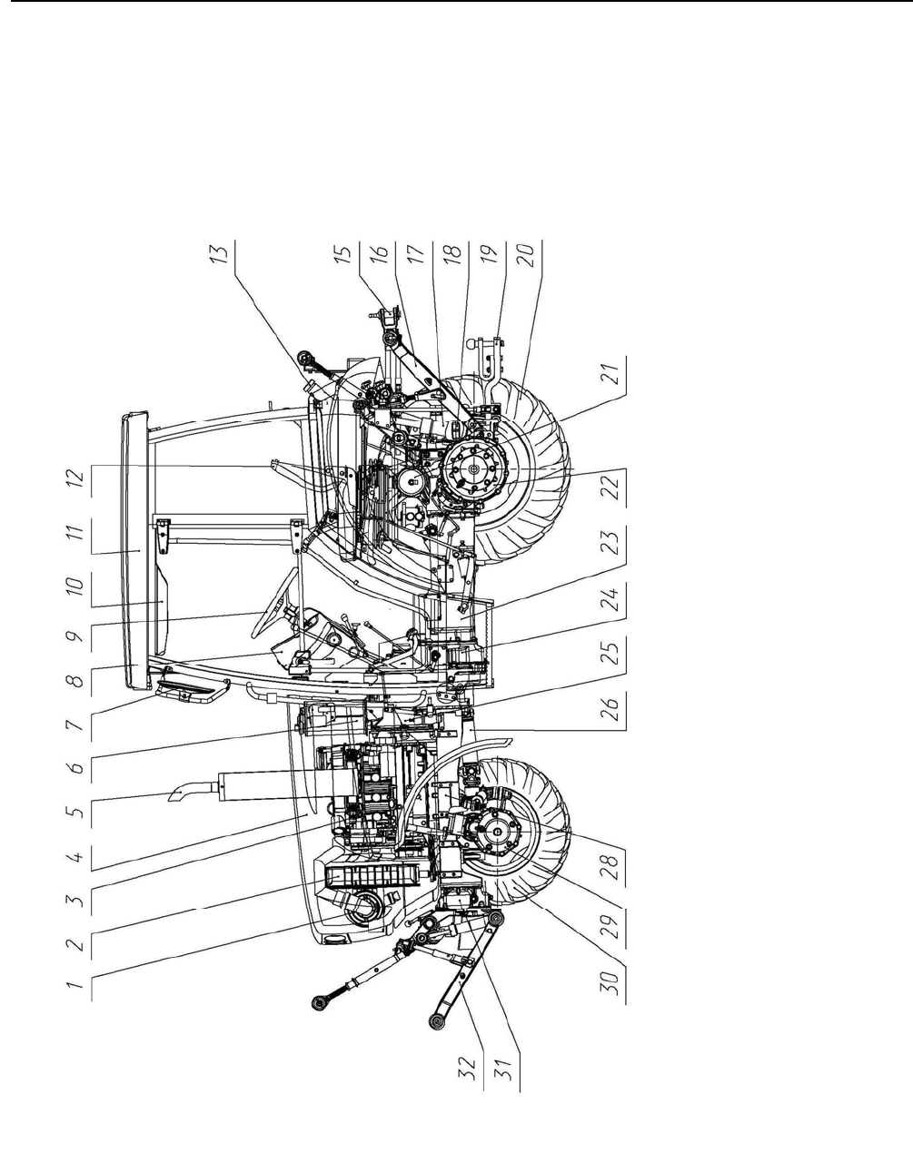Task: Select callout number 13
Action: coord(221,252)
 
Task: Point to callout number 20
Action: coord(528,255)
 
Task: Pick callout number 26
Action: coord(611,708)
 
